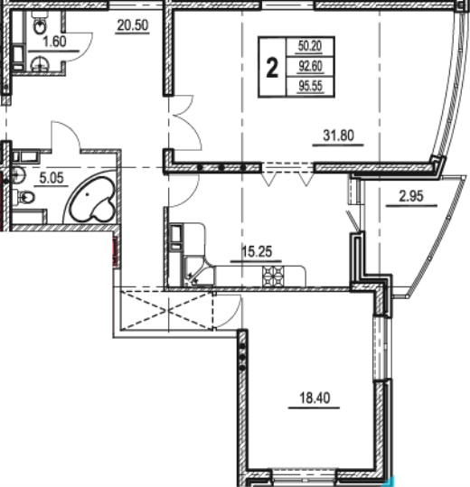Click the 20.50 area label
(x=133, y=25)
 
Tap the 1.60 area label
(x=54, y=42)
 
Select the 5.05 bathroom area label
(x=52, y=178)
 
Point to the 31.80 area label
(x=338, y=136)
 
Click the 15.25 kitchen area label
(x=257, y=251)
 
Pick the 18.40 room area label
(x=315, y=398)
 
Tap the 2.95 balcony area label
(x=411, y=196)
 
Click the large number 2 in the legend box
(x=272, y=69)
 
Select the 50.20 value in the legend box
(x=310, y=46)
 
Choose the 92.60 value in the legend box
(x=310, y=66)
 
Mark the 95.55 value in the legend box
(x=311, y=86)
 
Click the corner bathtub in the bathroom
(x=92, y=198)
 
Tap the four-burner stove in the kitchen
(x=273, y=276)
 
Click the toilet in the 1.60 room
(x=40, y=26)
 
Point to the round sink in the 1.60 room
(x=40, y=64)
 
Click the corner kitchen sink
(x=193, y=277)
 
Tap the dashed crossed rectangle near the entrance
(x=167, y=310)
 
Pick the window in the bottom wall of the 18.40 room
(x=305, y=478)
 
